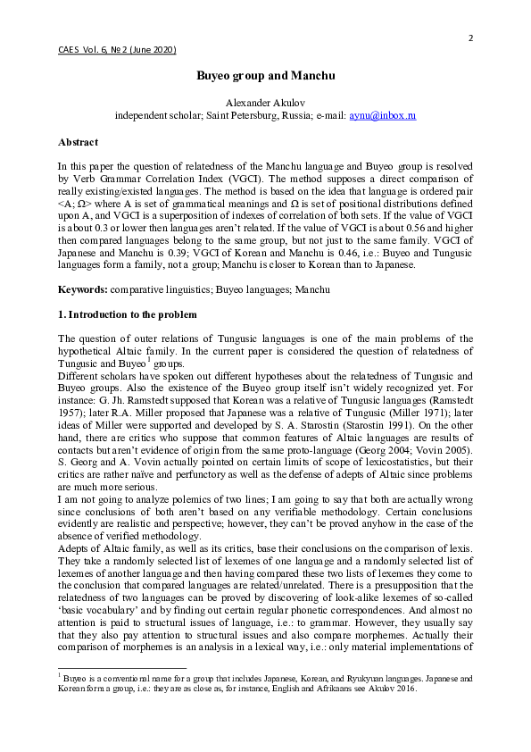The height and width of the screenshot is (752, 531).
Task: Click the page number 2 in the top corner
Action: [470, 37]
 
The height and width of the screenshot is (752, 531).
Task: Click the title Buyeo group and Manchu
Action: [265, 76]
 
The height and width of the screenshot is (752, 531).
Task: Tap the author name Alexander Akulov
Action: [265, 103]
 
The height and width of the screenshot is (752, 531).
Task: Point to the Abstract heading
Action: [78, 142]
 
